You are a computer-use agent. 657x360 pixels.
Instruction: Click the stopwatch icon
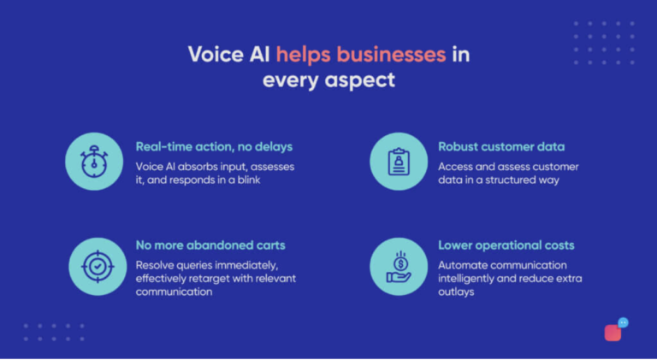pyautogui.click(x=94, y=162)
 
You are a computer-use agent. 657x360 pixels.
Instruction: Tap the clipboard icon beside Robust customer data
pyautogui.click(x=398, y=162)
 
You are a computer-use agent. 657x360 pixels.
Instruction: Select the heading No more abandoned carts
pyautogui.click(x=210, y=245)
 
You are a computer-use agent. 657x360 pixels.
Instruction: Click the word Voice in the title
pyautogui.click(x=213, y=55)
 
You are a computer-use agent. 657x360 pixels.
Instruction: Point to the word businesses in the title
pyautogui.click(x=392, y=55)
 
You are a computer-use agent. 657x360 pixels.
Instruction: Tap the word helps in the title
pyautogui.click(x=302, y=55)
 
